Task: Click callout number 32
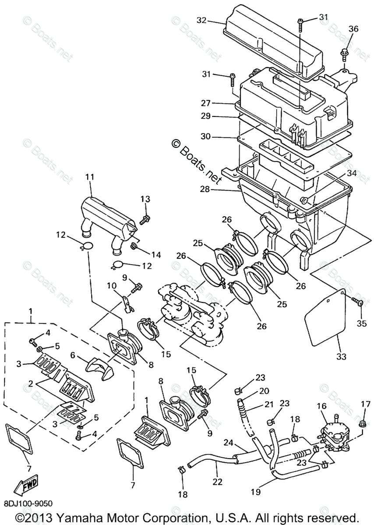coord(201,21)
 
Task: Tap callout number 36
coord(353,29)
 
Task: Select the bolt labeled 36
coord(344,54)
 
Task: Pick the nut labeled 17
coord(362,423)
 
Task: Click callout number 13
coord(145,199)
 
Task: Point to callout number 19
coord(255,493)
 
